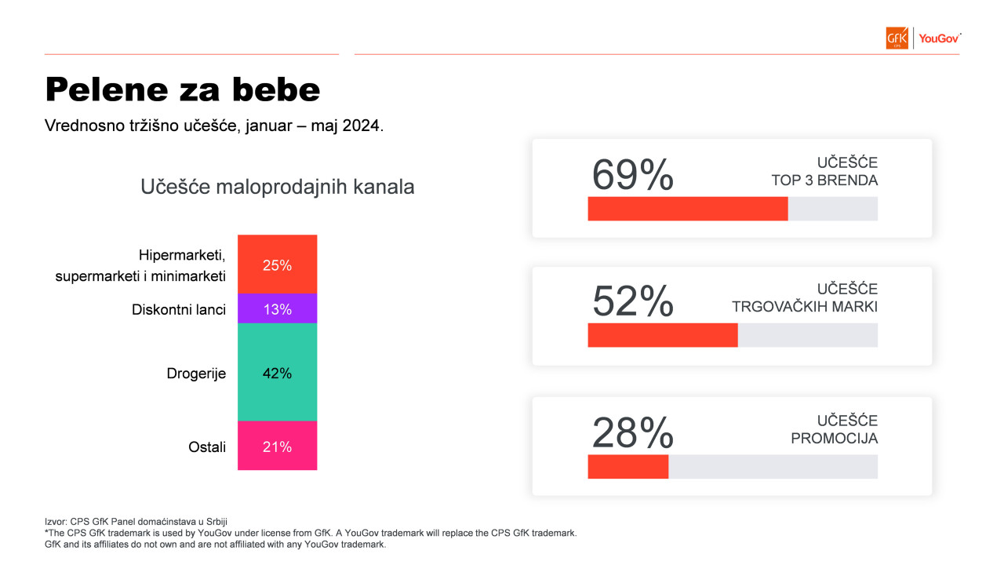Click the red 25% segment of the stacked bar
277,264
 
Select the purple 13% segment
277,308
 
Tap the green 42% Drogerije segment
277,372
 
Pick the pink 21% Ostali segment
277,446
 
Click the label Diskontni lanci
178,309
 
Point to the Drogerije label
196,374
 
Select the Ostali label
206,447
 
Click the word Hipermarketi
181,255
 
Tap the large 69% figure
632,174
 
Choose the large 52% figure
632,301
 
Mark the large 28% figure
632,432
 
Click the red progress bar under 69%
688,209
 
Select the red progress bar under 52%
663,335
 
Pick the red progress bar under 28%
628,467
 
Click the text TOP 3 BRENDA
824,180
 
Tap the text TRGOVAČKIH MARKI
805,307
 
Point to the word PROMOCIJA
834,438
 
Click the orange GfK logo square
897,38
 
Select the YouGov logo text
939,38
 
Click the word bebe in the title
276,89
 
